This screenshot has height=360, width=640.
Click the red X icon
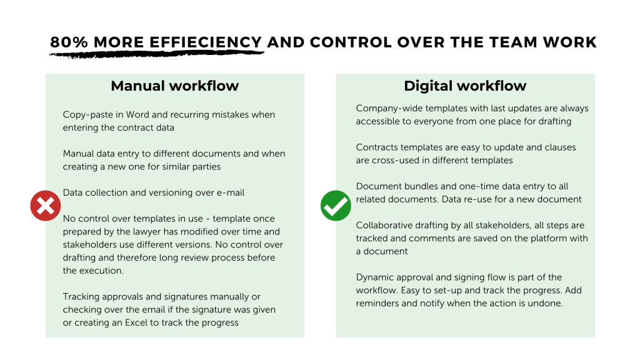coord(45,206)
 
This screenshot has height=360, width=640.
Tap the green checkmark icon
coord(336,206)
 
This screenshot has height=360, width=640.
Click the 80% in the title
coord(66,42)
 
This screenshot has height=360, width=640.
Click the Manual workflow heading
coord(174,86)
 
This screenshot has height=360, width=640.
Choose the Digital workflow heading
coord(465,86)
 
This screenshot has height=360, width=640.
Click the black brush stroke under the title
coord(156,54)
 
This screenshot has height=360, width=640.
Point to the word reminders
coord(381,304)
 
